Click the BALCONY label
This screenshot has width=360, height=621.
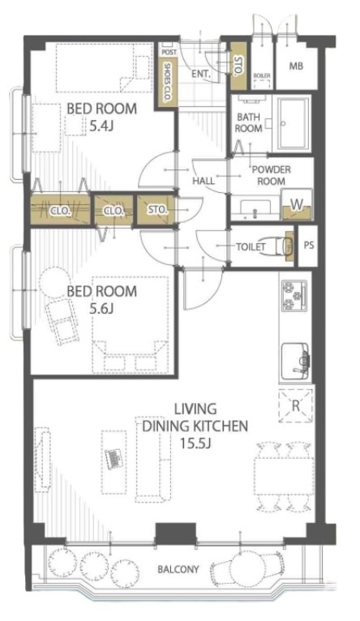click(x=178, y=569)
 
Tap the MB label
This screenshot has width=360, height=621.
click(x=296, y=66)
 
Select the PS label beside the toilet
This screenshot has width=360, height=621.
click(x=309, y=245)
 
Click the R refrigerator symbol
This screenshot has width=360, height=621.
click(x=296, y=406)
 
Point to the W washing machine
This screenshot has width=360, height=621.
click(x=297, y=205)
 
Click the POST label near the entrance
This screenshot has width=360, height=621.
click(x=169, y=52)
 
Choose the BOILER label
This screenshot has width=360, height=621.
click(x=262, y=75)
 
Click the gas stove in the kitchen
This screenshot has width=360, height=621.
click(x=294, y=295)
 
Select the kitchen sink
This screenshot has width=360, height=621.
click(x=295, y=362)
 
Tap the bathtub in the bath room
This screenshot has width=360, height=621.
click(x=293, y=123)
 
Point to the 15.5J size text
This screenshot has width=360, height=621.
click(x=195, y=443)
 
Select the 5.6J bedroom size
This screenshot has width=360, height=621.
click(x=101, y=309)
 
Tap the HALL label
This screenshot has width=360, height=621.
click(x=204, y=181)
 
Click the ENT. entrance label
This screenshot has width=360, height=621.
click(x=201, y=74)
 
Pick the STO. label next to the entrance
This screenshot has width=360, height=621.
click(x=238, y=66)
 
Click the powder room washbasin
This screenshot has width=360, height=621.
click(x=255, y=208)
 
